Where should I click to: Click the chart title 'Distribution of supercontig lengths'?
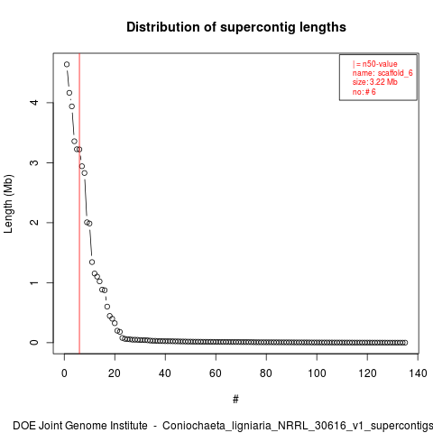point(236,27)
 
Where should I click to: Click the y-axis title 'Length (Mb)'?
point(8,204)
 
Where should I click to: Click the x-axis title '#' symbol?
point(235,400)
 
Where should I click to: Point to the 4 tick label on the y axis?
point(34,102)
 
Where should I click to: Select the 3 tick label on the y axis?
point(34,162)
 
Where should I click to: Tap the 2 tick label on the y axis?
point(34,223)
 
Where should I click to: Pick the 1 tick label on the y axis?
point(34,282)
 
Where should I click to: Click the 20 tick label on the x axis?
point(115,373)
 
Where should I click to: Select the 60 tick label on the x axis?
point(216,373)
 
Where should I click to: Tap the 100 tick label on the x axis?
point(317,373)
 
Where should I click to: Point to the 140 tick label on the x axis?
point(418,373)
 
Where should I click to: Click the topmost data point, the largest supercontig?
point(67,64)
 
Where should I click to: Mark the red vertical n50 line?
point(79,204)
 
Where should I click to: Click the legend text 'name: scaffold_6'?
point(382,73)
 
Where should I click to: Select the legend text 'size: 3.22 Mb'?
point(375,82)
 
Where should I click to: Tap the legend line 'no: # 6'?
point(364,92)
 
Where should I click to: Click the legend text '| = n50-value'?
point(375,64)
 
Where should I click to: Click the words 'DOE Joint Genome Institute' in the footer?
point(80,426)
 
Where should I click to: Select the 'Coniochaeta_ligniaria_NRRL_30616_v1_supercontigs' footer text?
point(298,426)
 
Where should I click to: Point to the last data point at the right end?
point(405,343)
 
